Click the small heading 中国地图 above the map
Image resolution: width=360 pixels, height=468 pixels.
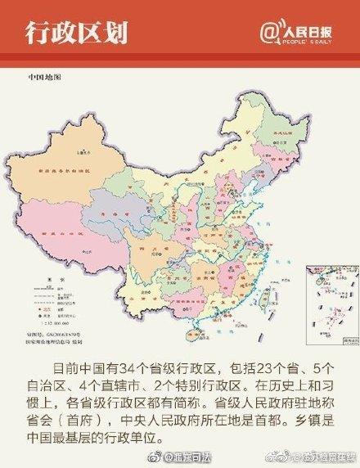[45, 77]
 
